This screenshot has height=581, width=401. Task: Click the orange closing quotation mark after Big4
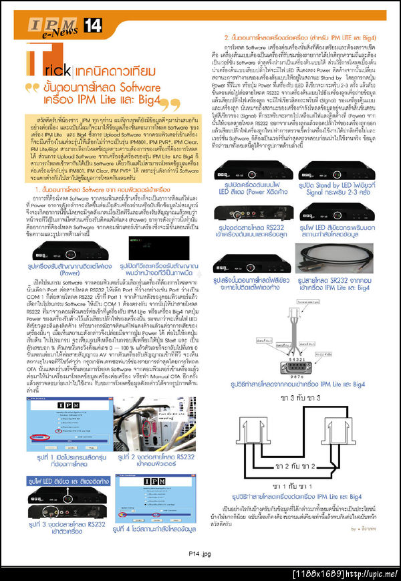click(174, 104)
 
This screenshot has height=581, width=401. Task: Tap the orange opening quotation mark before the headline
click(30, 88)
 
